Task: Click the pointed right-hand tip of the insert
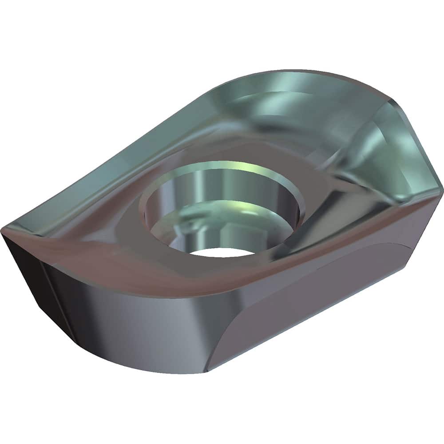(441, 189)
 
